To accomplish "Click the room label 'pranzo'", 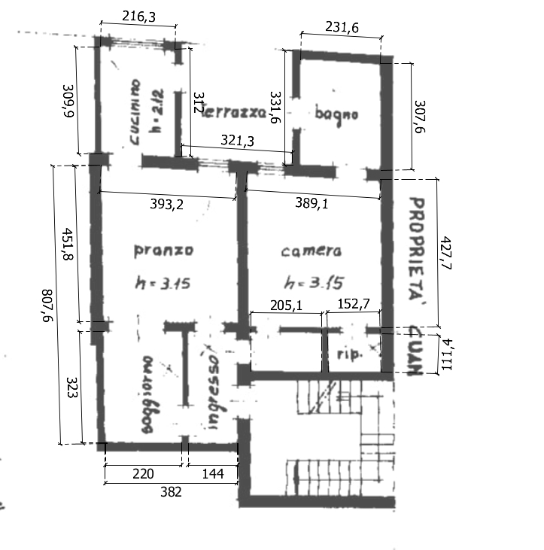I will pos(163,250).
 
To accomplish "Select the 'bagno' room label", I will pos(336,115).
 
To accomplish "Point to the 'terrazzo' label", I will pos(236,112).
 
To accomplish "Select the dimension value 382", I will pos(171,491).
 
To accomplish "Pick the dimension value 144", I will pos(211,474).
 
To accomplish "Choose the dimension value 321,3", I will pos(241,140).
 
